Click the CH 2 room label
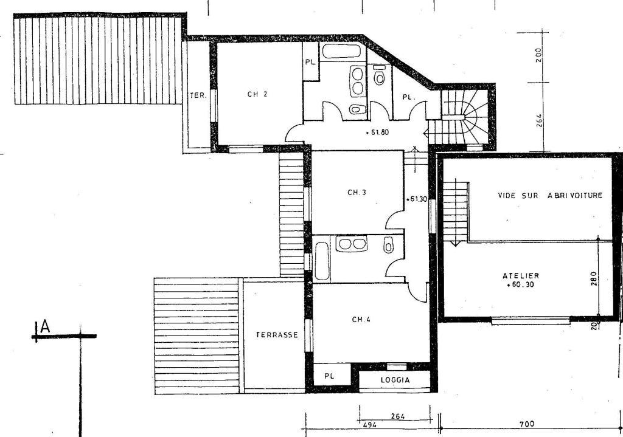(257, 94)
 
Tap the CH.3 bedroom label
(357, 193)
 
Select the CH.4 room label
(361, 319)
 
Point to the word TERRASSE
(277, 335)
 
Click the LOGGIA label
(395, 380)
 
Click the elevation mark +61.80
(377, 133)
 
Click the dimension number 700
(527, 424)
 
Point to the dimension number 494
(370, 425)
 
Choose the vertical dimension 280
(594, 278)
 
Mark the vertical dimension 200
(538, 55)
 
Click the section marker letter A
(45, 326)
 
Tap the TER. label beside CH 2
(198, 95)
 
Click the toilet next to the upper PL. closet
(380, 75)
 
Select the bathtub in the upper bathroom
(341, 51)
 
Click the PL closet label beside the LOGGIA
(329, 376)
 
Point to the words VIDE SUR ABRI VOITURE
(550, 195)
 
